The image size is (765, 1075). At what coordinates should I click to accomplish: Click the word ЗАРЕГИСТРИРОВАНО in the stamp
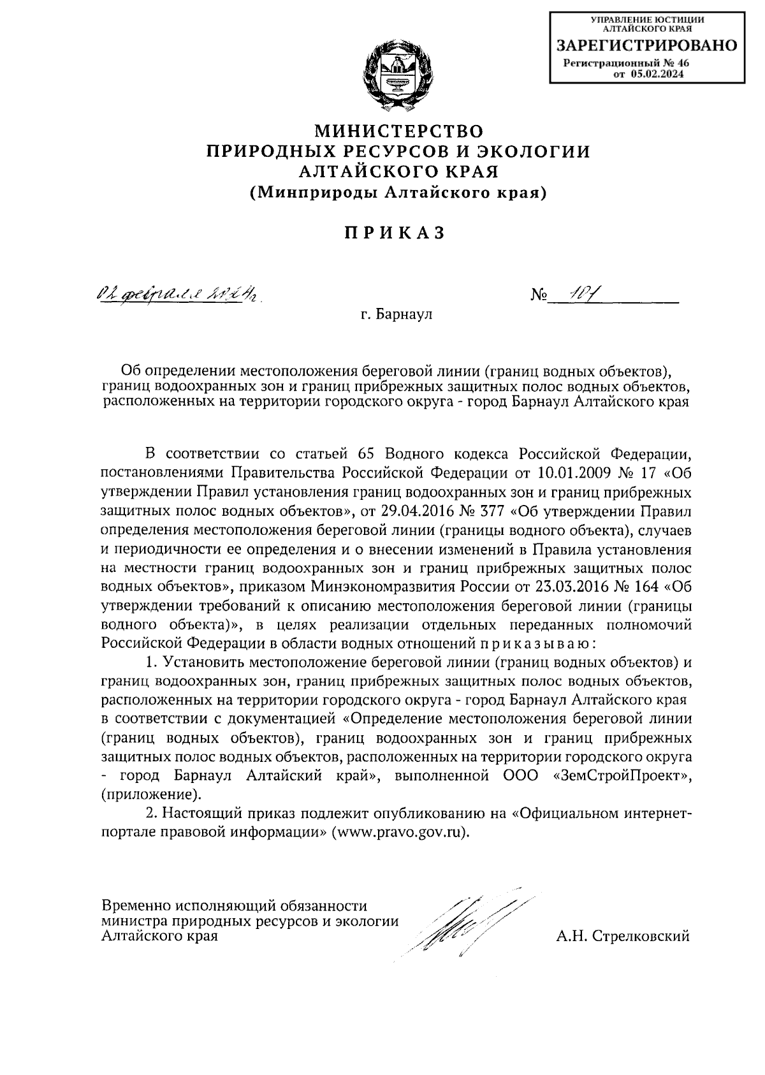(646, 45)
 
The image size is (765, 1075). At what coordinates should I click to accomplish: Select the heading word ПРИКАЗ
(394, 233)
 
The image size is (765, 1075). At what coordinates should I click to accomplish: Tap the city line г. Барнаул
(395, 314)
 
